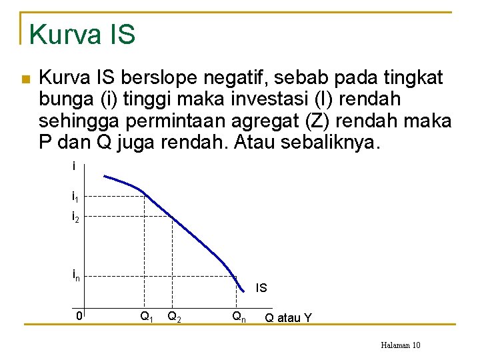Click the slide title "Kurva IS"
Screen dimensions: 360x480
(x=83, y=34)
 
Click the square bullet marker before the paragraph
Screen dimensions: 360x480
(x=25, y=79)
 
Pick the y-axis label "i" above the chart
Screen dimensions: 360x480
(x=74, y=167)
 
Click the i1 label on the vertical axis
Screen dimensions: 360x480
(x=76, y=197)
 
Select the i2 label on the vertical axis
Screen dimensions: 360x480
(x=76, y=217)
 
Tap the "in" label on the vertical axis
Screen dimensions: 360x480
(x=76, y=276)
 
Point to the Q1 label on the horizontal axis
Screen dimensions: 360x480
(x=146, y=317)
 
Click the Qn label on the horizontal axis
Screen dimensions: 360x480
(x=239, y=317)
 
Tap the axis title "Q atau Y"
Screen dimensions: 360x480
(x=288, y=318)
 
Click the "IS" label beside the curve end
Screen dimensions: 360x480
(x=261, y=288)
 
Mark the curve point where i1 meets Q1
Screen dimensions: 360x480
(x=145, y=196)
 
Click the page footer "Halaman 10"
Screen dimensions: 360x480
(x=400, y=345)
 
